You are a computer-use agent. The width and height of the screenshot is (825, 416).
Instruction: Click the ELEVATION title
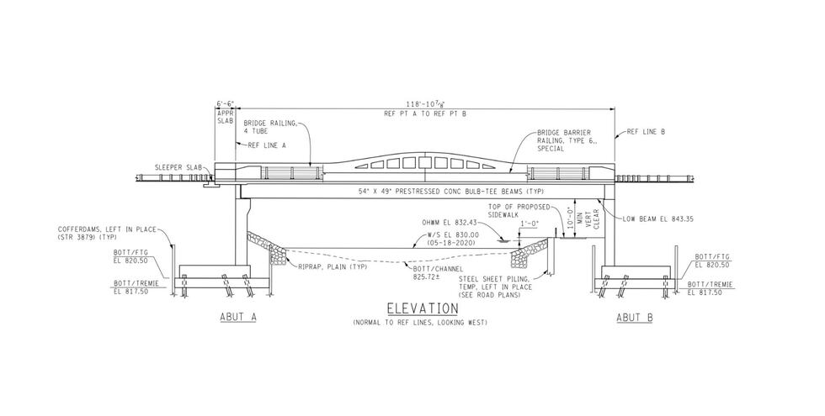point(411,309)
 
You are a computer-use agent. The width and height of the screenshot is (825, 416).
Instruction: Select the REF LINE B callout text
point(646,132)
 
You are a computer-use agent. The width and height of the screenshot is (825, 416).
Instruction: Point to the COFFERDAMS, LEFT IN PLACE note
point(99,232)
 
